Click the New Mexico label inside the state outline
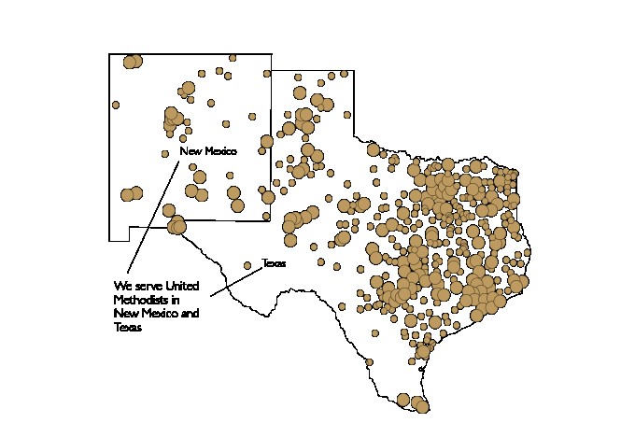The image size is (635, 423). [x=208, y=151]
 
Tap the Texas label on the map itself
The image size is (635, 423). [x=273, y=263]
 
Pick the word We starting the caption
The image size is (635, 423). [x=120, y=285]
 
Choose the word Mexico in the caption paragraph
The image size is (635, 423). [x=157, y=314]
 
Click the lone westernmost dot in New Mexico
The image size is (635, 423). [x=116, y=105]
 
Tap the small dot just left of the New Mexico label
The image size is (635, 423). [x=165, y=153]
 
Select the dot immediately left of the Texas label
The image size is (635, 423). [x=247, y=264]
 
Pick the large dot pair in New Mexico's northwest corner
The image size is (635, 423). [x=132, y=62]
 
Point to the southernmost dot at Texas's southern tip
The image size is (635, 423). [x=420, y=406]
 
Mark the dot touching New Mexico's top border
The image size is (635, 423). [x=233, y=58]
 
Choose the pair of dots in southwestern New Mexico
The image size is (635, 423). [x=131, y=194]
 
